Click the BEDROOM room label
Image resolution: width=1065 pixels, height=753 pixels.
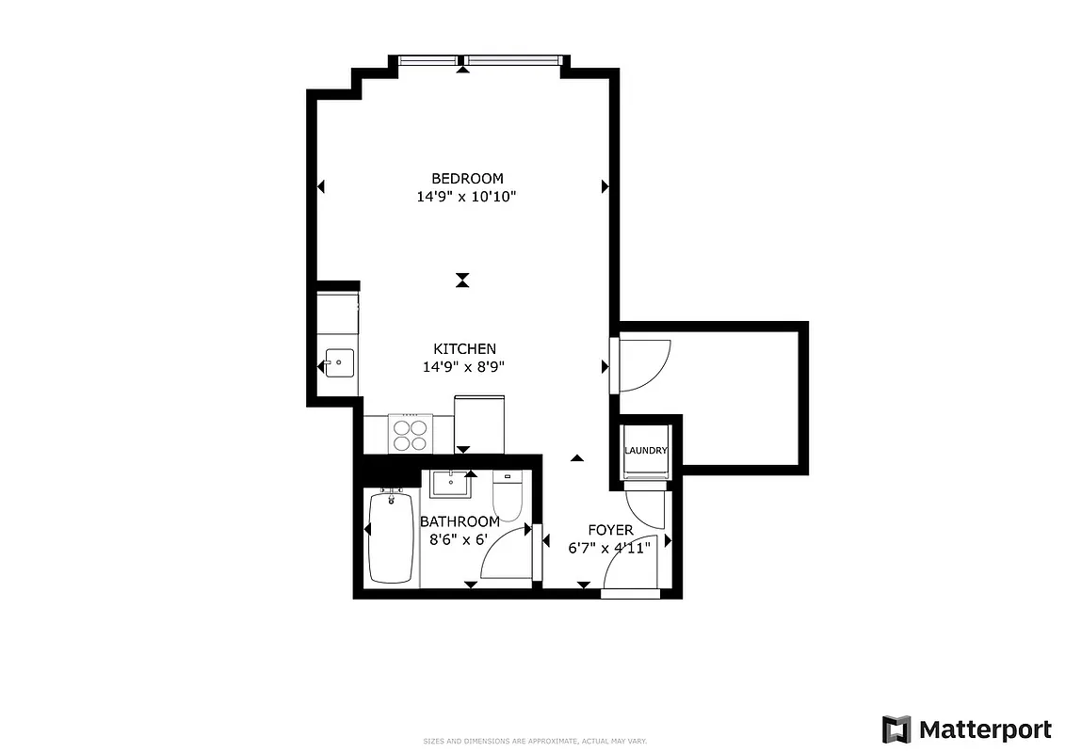(467, 178)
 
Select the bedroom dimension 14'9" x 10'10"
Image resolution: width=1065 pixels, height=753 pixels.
(467, 197)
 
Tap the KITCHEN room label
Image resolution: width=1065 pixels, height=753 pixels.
(464, 348)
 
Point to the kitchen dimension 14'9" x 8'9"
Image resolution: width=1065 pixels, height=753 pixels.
(464, 367)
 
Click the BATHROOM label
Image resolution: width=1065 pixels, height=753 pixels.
(460, 521)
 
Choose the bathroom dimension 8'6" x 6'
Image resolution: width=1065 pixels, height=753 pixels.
(460, 540)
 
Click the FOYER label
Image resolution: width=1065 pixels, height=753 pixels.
(610, 530)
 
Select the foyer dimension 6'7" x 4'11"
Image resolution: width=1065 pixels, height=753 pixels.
(610, 548)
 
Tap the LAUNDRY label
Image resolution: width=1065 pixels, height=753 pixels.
(646, 451)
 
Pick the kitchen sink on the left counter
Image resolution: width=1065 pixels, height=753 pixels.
(339, 361)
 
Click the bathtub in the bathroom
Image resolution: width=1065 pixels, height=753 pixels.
(391, 537)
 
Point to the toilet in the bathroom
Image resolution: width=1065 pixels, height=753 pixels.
(508, 498)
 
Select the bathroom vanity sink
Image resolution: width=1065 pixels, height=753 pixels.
(453, 484)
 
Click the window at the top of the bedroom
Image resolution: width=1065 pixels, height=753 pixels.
(480, 62)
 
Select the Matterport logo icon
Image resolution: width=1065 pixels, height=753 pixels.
(896, 729)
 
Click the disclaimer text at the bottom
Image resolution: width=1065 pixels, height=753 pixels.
(533, 741)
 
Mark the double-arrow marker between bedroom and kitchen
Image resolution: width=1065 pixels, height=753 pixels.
(461, 280)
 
